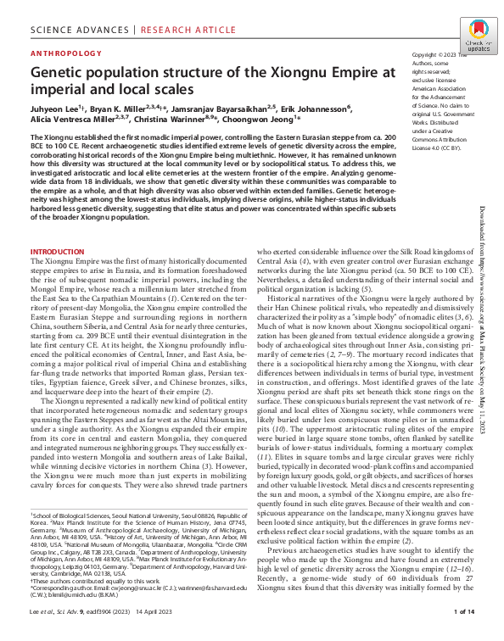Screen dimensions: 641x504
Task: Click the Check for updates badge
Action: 478,43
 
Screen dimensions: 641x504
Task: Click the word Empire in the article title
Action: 350,72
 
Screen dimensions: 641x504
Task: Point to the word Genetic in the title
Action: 61,72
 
